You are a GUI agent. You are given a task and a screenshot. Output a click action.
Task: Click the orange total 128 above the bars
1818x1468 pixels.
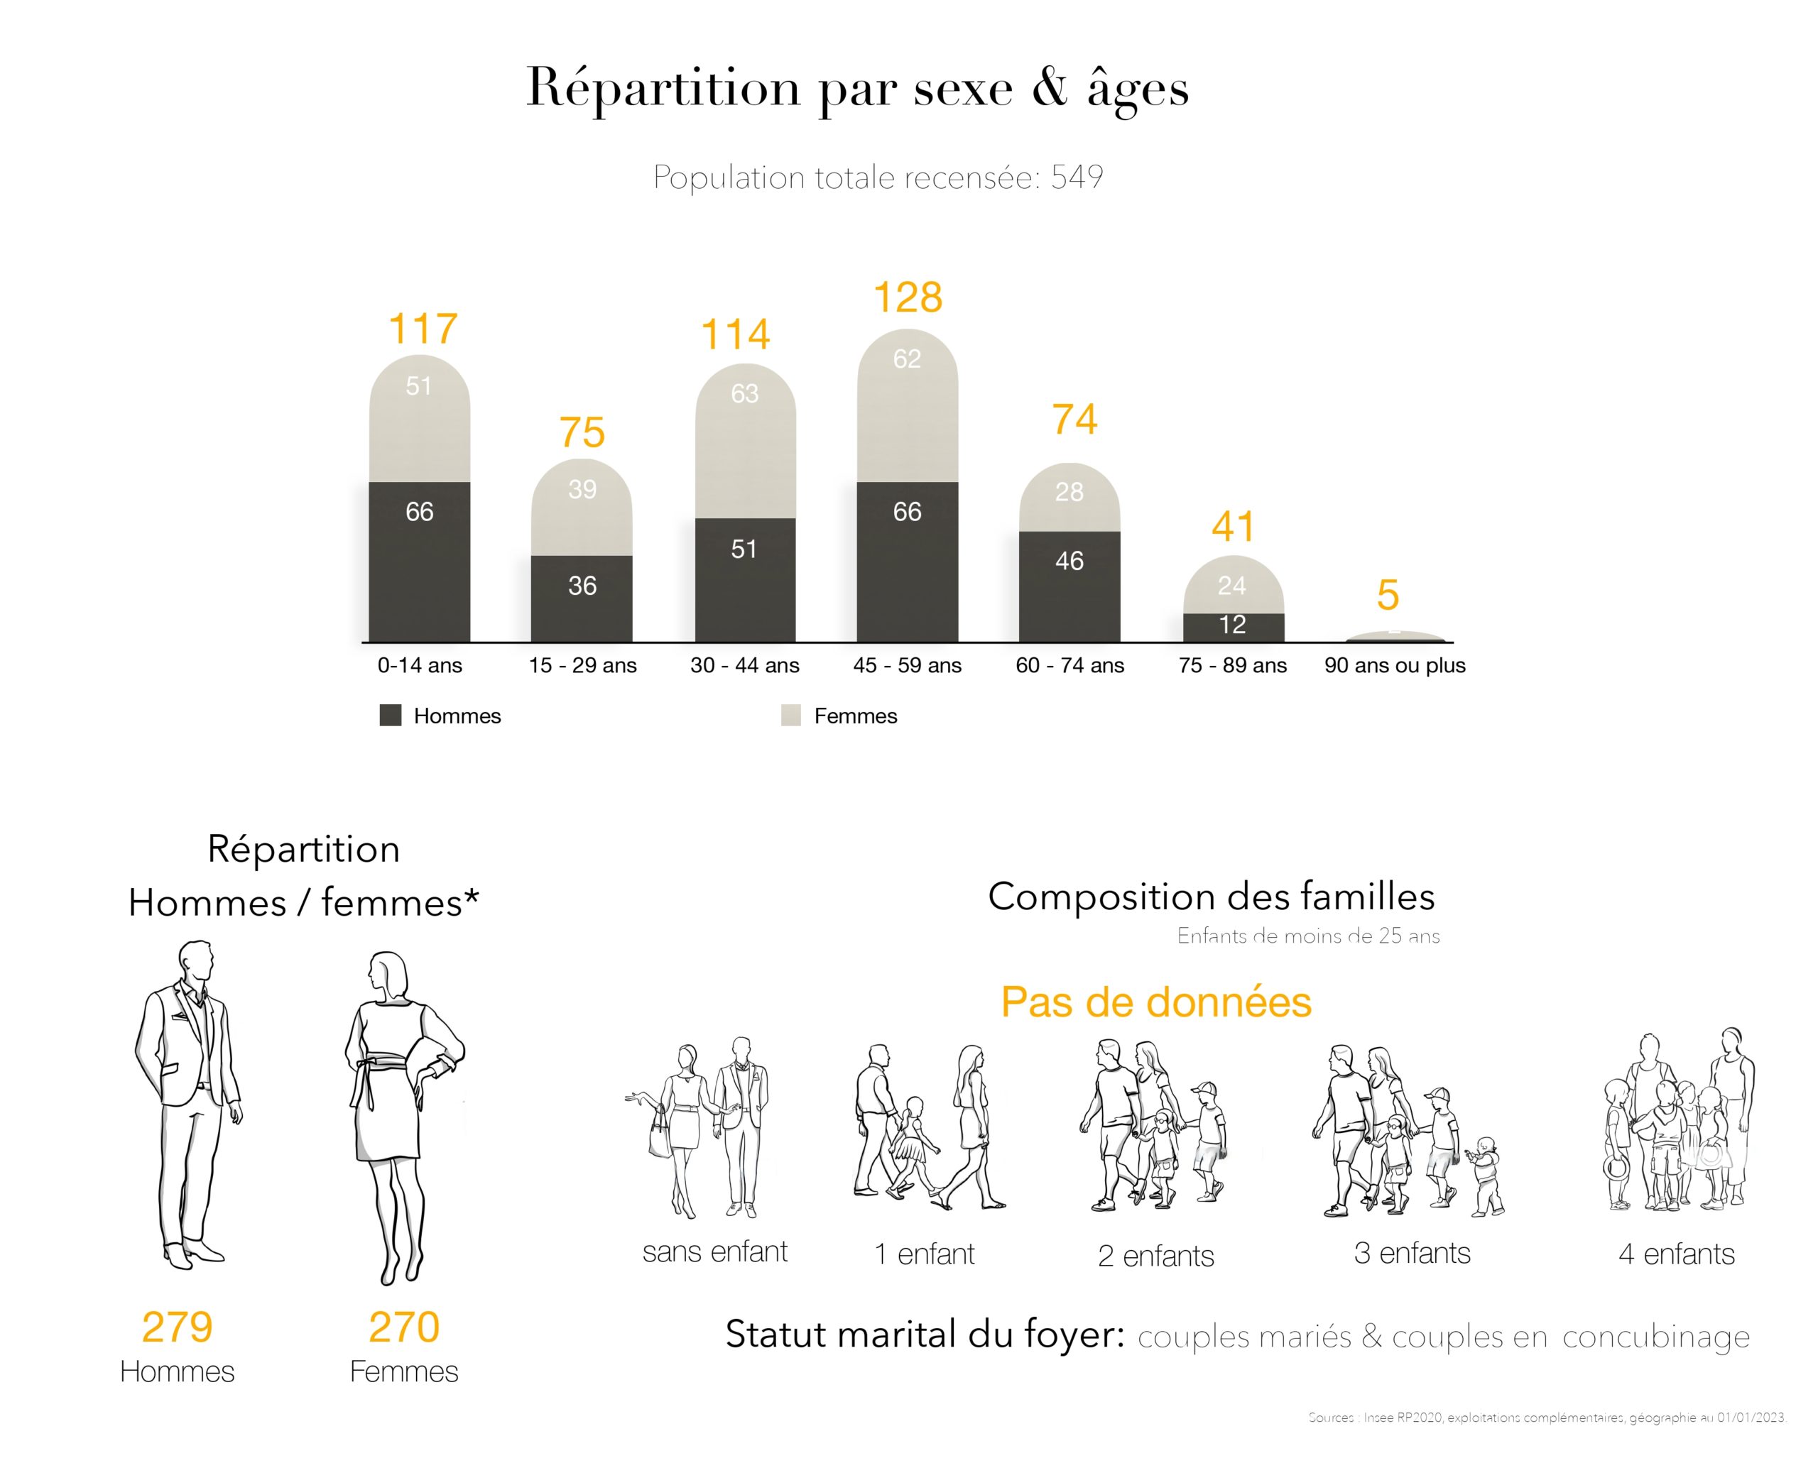coord(907,297)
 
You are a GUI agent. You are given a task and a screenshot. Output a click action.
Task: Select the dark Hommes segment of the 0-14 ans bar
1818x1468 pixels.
coord(420,562)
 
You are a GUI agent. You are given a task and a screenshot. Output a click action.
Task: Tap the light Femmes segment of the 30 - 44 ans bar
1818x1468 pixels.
coord(745,439)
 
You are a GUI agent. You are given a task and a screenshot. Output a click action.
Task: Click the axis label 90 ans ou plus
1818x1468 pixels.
coord(1394,666)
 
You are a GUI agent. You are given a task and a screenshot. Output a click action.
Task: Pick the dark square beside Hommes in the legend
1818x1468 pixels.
coord(390,716)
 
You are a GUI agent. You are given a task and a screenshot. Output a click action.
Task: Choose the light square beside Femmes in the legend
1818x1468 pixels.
coord(791,716)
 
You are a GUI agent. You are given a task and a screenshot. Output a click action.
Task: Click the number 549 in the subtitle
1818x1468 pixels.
coord(1076,177)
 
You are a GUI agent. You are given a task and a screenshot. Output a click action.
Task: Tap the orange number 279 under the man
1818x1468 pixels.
coord(177,1327)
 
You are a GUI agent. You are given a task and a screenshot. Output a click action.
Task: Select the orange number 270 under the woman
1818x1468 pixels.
coord(403,1327)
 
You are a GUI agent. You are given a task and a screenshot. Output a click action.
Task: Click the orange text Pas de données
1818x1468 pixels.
coord(1155,1002)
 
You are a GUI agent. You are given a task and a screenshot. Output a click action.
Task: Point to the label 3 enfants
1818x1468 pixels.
coord(1412,1253)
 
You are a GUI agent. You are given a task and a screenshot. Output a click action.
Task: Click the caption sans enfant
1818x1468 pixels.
coord(715,1251)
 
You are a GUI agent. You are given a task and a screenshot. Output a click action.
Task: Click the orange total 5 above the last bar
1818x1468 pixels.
coord(1388,596)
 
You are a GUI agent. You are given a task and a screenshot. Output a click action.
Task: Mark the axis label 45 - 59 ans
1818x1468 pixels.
coord(907,666)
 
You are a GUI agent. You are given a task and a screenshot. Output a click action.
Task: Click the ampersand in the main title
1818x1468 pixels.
coord(1050,87)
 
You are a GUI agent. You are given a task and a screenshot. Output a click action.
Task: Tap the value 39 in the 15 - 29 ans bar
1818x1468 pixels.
coord(582,489)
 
